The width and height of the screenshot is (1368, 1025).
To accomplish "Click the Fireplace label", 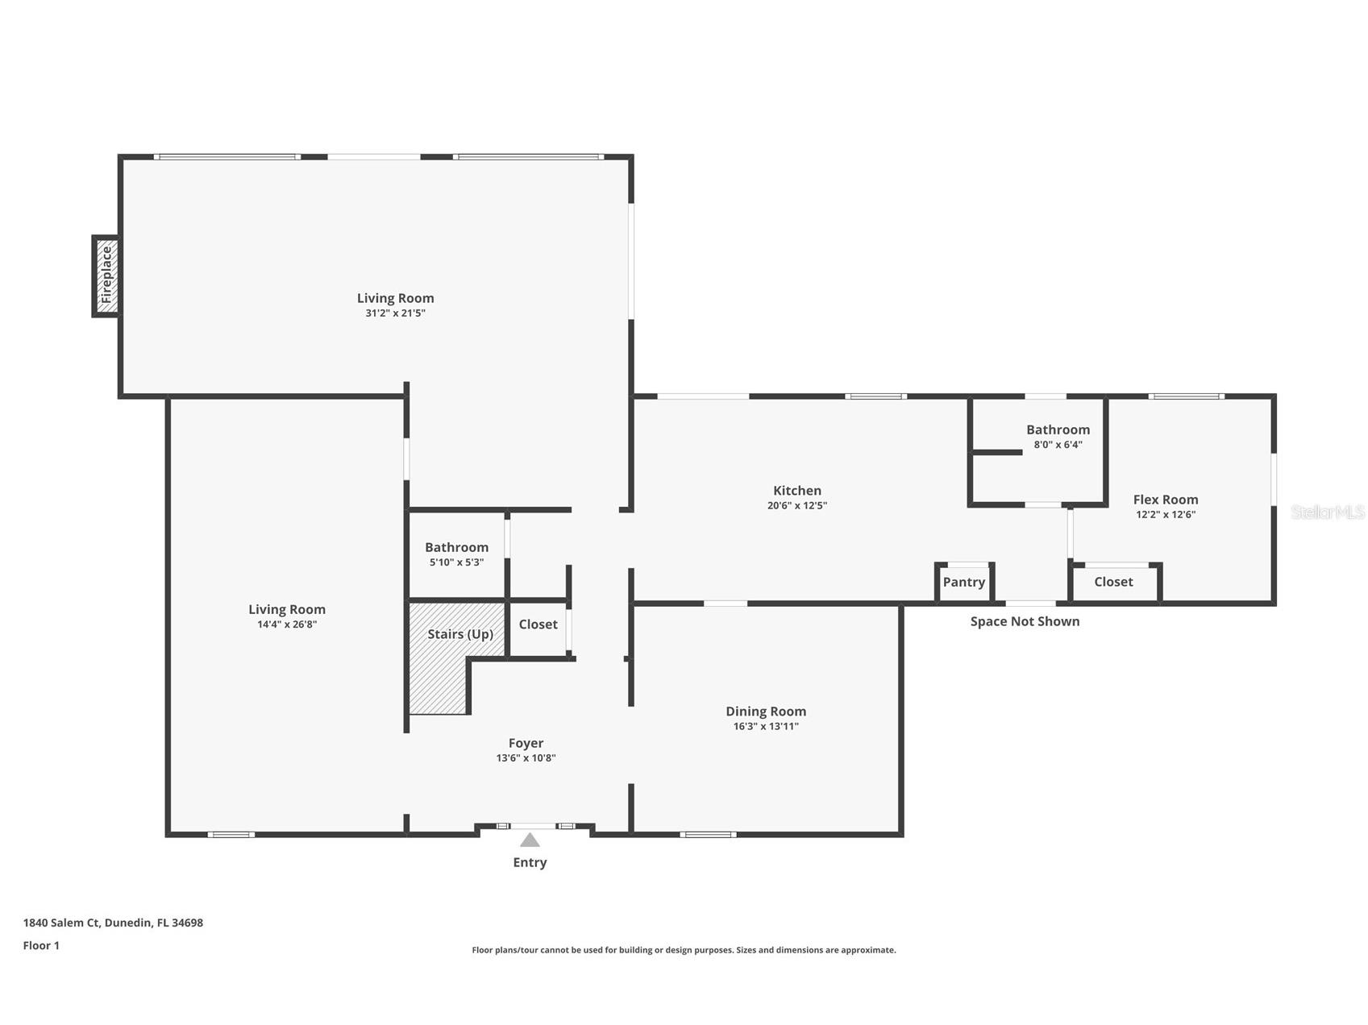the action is coord(106,275).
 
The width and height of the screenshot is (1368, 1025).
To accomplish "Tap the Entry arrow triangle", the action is coord(530,840).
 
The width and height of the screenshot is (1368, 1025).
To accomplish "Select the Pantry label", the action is coord(964,582).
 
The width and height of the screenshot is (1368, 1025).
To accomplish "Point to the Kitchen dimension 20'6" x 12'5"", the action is coord(797,506).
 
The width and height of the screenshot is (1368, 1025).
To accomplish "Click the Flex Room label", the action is coord(1166,500).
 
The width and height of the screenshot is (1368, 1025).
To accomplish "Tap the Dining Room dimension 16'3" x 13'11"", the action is coord(766,726).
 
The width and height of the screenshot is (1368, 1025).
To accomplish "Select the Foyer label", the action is coord(526,743).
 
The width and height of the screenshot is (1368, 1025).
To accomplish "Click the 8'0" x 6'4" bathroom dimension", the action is coord(1058,444).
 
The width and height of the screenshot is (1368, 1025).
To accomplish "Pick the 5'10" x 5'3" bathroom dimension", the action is coord(456,562).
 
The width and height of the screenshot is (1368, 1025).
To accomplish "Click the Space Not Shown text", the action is coord(1025,621).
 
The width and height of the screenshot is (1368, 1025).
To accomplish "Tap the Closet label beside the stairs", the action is coord(538,625).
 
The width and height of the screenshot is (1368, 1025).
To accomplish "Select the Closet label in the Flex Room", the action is coord(1113,582).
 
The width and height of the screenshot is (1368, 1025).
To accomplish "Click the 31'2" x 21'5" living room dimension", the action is coord(395,313).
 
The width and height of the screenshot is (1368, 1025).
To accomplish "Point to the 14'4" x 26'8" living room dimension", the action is coord(286,625).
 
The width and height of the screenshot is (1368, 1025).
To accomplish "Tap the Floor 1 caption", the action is coord(41,945).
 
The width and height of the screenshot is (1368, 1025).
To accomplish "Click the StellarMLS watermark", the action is coord(1328,512).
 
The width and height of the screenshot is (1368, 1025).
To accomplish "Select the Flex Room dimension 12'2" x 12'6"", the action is coord(1166,515).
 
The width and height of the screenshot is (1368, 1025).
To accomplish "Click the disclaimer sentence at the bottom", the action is coord(684,950).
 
